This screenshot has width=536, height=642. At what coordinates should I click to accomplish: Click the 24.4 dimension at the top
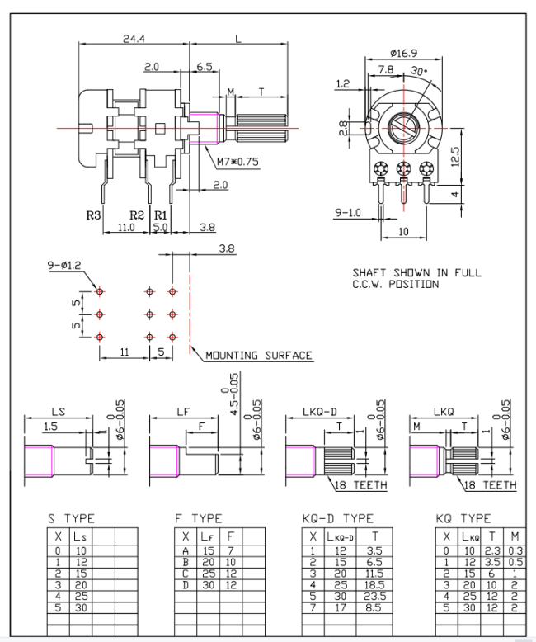134,39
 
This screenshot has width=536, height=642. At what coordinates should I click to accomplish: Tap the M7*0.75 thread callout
237,162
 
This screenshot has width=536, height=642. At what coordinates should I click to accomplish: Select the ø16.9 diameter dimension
403,53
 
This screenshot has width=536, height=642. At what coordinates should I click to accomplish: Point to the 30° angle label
419,71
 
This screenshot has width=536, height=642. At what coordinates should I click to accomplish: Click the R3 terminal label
93,215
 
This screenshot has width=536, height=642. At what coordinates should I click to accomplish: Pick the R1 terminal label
161,215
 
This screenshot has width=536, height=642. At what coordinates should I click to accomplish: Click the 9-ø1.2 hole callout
64,266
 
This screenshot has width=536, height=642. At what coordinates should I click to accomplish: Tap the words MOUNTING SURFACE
259,356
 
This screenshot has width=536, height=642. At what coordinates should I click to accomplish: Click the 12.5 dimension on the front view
455,157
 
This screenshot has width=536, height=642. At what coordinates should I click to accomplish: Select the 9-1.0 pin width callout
348,213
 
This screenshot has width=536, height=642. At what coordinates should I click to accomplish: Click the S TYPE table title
71,519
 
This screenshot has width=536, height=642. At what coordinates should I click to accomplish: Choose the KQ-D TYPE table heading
338,519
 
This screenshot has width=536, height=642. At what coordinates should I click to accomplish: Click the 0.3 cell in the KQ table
515,550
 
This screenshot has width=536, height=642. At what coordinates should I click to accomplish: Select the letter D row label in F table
186,585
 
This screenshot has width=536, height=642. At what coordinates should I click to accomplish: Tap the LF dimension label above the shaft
183,412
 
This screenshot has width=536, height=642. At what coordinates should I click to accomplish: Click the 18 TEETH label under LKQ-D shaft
361,485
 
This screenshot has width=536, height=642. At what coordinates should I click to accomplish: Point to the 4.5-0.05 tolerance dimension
234,394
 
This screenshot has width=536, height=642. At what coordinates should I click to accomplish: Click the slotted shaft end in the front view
404,128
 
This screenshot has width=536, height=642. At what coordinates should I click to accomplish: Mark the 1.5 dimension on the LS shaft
51,427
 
